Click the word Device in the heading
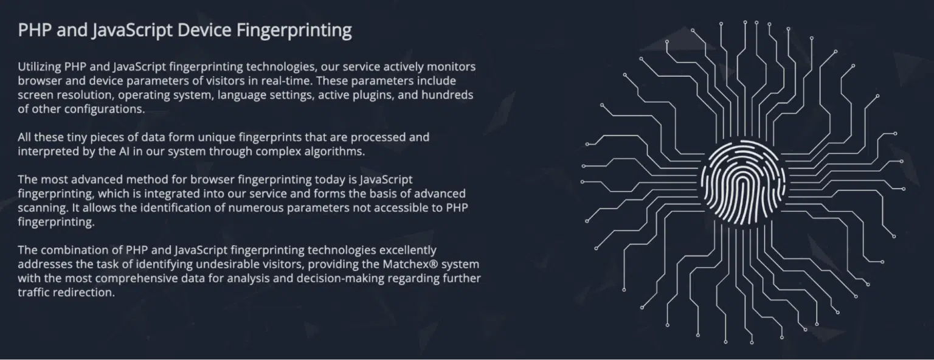coord(204,30)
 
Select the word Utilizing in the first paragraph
coord(39,67)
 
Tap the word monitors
coord(451,67)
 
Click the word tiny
coord(77,137)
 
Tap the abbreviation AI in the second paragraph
coord(124,151)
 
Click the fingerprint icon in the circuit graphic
coord(743,182)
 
